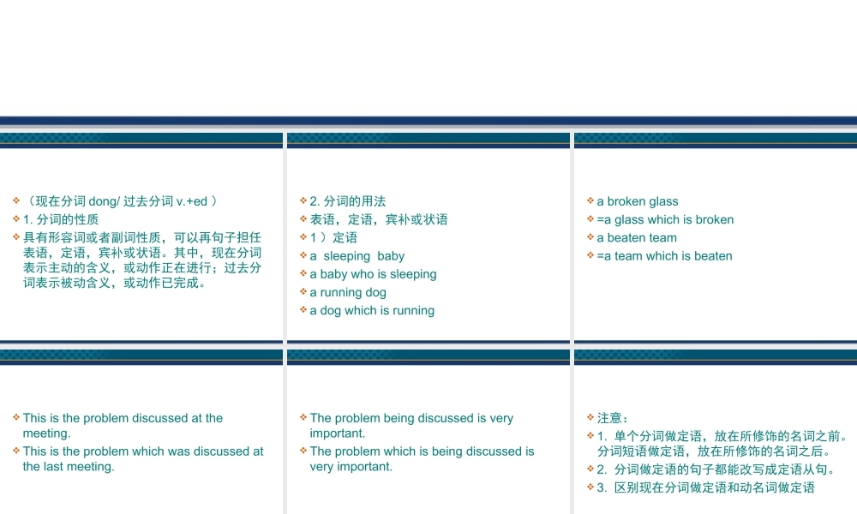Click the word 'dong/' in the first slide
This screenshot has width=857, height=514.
(104, 201)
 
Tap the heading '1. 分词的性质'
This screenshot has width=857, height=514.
(61, 219)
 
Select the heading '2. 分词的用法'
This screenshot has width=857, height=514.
(348, 201)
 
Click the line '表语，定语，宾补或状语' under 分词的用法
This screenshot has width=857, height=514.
(379, 219)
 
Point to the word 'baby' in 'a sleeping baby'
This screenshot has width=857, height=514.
(391, 256)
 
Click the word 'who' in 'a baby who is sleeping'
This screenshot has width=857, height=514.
(363, 274)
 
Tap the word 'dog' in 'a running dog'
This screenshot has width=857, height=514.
(375, 293)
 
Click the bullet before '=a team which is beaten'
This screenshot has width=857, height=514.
(590, 255)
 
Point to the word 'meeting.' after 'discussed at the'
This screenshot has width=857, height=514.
(46, 433)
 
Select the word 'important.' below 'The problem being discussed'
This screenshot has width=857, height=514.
(337, 433)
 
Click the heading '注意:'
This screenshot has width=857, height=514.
(612, 418)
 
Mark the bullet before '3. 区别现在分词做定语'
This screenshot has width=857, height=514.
(590, 487)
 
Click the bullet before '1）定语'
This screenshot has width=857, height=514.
(303, 236)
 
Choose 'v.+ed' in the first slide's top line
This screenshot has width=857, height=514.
(192, 201)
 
